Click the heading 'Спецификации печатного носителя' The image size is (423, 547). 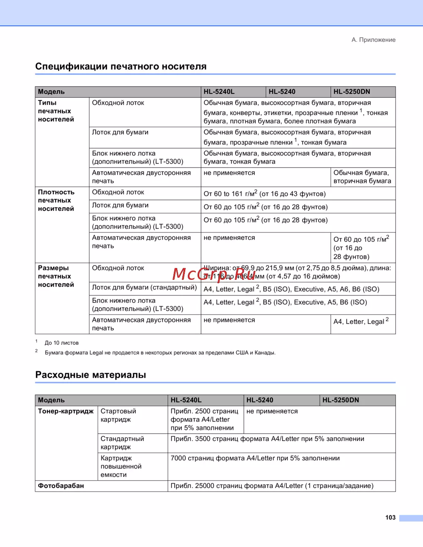pyautogui.click(x=121, y=66)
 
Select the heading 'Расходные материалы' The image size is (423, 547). pyautogui.click(x=91, y=375)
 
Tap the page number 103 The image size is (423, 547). pyautogui.click(x=390, y=517)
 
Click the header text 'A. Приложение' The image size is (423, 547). pyautogui.click(x=374, y=40)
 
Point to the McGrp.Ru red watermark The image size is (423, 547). pyautogui.click(x=214, y=274)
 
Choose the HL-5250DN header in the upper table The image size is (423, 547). pyautogui.click(x=352, y=92)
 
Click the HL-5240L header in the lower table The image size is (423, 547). pyautogui.click(x=186, y=400)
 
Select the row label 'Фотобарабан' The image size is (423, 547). pyautogui.click(x=61, y=486)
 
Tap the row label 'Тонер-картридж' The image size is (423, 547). pyautogui.click(x=66, y=411)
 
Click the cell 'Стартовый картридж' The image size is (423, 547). pyautogui.click(x=118, y=415)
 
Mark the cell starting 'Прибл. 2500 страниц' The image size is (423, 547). pyautogui.click(x=204, y=419)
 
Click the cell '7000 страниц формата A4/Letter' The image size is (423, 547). pyautogui.click(x=255, y=458)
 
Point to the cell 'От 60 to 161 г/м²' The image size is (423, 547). pyautogui.click(x=264, y=194)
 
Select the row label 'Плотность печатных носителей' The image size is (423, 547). pyautogui.click(x=56, y=200)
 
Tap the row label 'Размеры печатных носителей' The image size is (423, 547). pyautogui.click(x=56, y=276)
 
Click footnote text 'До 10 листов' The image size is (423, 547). pyautogui.click(x=62, y=343)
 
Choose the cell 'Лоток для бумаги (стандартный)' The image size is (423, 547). pyautogui.click(x=144, y=288)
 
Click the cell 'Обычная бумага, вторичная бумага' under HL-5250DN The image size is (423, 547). pyautogui.click(x=362, y=177)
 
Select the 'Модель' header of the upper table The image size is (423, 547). pyautogui.click(x=51, y=92)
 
